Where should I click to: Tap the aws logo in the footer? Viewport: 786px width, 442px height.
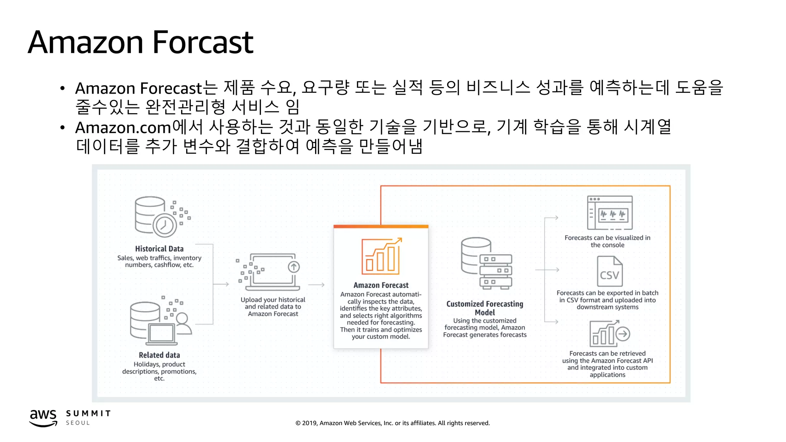coord(43,417)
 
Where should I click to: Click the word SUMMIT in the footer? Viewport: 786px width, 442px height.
coord(88,413)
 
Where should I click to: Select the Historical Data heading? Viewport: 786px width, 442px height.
coord(159,249)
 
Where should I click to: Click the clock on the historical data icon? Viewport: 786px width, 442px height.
coord(165,225)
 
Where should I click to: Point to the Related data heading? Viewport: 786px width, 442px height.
coord(159,355)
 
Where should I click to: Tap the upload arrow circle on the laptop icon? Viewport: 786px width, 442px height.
coord(294,267)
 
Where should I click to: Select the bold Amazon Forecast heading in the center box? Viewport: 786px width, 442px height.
coord(381,285)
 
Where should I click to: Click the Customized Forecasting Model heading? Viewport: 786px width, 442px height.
coord(485,308)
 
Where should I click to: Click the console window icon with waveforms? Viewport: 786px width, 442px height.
coord(610,213)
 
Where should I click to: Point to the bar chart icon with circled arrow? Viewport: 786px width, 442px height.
coord(609,333)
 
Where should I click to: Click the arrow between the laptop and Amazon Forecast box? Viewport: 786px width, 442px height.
coord(316,285)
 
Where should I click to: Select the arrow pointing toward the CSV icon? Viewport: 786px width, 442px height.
coord(548,270)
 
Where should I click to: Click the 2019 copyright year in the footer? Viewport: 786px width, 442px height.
coord(310,423)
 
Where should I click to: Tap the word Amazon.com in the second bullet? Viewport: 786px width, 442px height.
coord(123,127)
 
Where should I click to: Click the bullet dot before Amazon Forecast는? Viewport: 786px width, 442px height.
coord(62,89)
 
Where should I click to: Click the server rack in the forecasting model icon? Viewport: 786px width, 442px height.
coord(495,271)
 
